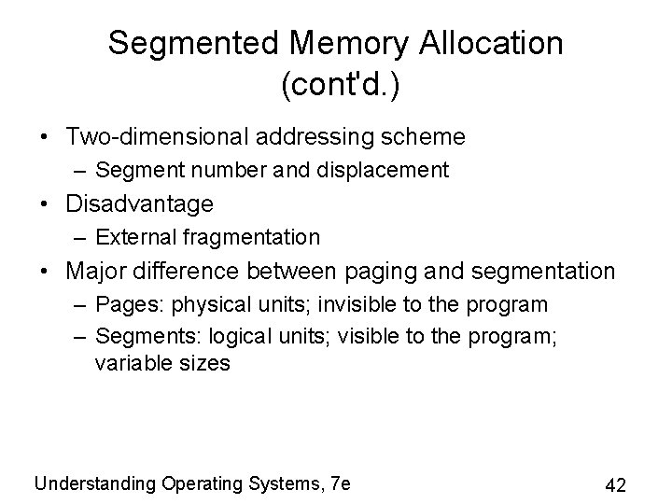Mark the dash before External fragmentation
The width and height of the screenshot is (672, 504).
tap(80, 237)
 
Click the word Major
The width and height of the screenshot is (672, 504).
tap(96, 272)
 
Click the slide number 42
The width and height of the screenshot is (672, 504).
tap(616, 485)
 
